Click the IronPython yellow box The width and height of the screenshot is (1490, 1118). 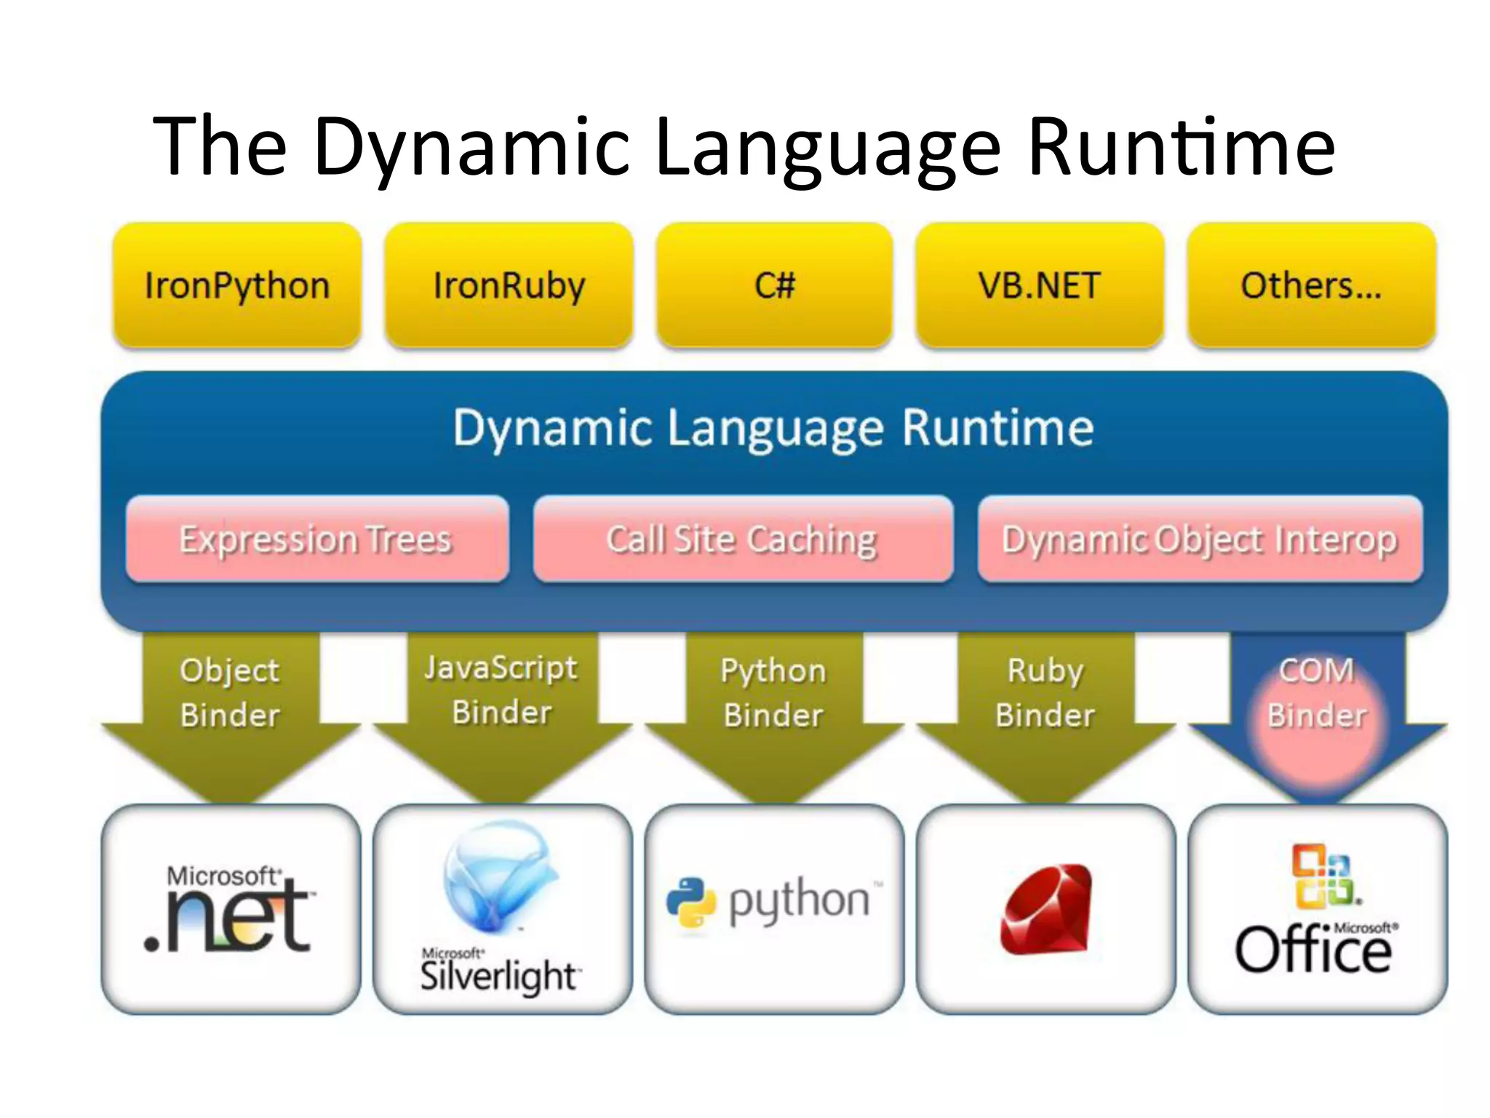click(237, 285)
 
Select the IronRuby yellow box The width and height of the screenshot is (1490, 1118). click(509, 285)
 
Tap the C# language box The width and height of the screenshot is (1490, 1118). click(774, 285)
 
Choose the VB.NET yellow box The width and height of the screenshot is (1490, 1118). click(1039, 285)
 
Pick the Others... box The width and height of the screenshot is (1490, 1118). click(1311, 285)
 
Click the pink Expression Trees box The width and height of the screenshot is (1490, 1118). click(316, 539)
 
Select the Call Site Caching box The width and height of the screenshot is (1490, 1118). click(743, 539)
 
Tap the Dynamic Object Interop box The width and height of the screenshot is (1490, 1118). click(1200, 539)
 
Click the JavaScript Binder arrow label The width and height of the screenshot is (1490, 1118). click(501, 690)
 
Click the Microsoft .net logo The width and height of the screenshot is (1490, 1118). click(230, 910)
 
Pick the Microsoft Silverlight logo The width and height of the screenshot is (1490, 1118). click(501, 910)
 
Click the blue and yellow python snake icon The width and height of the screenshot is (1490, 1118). click(691, 903)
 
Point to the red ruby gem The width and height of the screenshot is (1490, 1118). click(1046, 910)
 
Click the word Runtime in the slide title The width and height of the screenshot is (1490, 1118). click(1182, 147)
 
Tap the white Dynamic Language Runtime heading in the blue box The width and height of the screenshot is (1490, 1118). click(773, 428)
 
